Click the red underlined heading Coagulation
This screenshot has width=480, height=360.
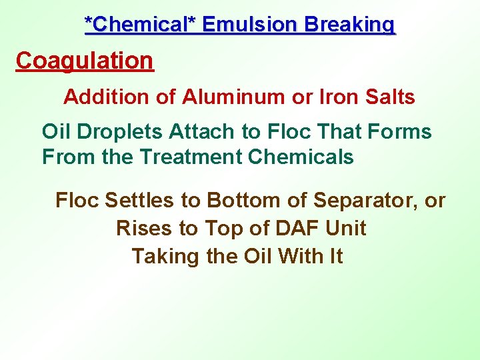tap(85, 61)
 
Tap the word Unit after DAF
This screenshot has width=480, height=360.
tap(346, 228)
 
